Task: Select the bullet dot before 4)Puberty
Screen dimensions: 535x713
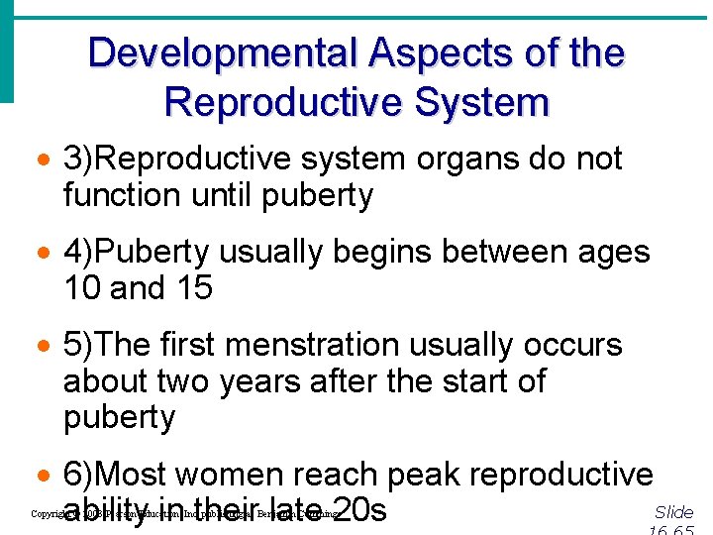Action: pyautogui.click(x=44, y=254)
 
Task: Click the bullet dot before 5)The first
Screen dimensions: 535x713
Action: pyautogui.click(x=44, y=347)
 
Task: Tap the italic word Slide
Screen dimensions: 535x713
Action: pyautogui.click(x=674, y=512)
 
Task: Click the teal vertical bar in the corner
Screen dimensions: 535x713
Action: pyautogui.click(x=7, y=50)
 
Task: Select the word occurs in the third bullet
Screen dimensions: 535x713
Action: pyautogui.click(x=574, y=346)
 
